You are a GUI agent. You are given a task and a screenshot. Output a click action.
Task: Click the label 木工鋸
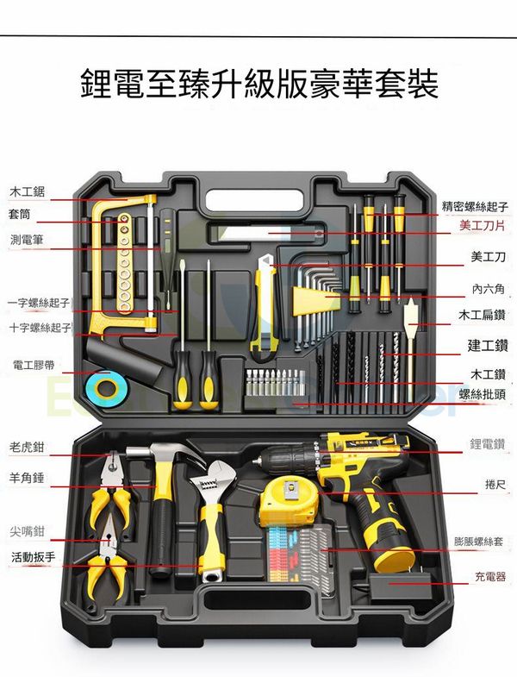pyautogui.click(x=28, y=191)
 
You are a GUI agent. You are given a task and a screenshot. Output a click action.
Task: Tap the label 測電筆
pyautogui.click(x=28, y=238)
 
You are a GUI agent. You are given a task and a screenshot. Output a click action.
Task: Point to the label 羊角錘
pyautogui.click(x=28, y=476)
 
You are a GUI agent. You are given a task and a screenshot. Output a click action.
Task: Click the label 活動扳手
pyautogui.click(x=34, y=557)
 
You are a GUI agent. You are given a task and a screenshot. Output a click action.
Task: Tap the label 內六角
pyautogui.click(x=487, y=289)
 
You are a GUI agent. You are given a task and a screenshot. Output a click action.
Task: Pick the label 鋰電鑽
pyautogui.click(x=487, y=444)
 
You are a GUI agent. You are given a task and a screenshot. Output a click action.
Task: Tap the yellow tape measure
pyautogui.click(x=283, y=501)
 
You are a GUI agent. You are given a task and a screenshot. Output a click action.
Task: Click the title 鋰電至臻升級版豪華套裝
pyautogui.click(x=258, y=85)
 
